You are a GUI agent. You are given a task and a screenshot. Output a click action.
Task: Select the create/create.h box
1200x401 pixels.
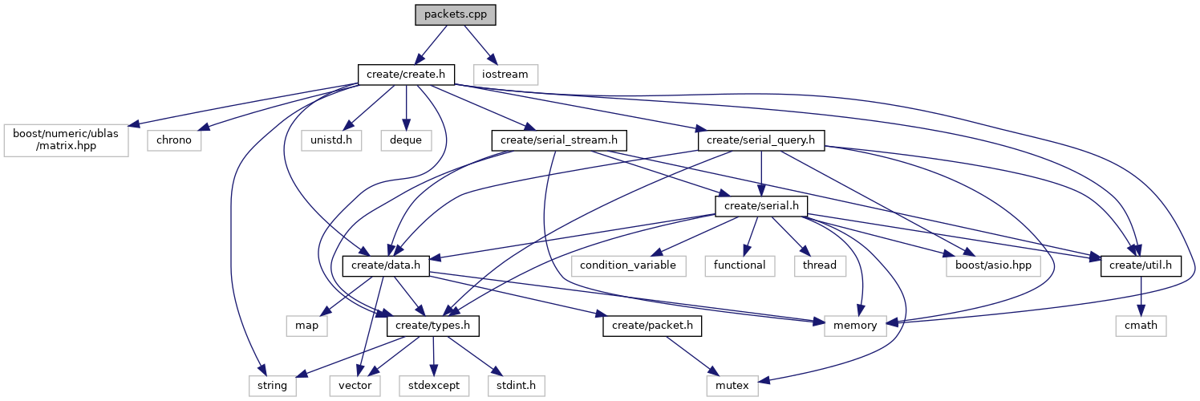point(406,75)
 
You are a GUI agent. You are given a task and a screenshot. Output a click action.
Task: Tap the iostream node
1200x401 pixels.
point(505,75)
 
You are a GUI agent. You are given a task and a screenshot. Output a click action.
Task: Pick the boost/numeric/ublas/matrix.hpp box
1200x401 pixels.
point(66,140)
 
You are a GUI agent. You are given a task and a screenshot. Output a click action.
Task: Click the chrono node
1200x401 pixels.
point(174,140)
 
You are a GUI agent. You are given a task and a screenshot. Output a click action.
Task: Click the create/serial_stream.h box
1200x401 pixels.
point(559,140)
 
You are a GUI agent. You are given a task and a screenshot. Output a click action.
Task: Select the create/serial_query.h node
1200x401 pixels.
point(761,140)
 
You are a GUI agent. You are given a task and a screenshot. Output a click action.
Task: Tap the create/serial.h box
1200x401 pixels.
point(761,206)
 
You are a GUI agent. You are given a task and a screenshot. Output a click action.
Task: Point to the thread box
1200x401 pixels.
point(819,265)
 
